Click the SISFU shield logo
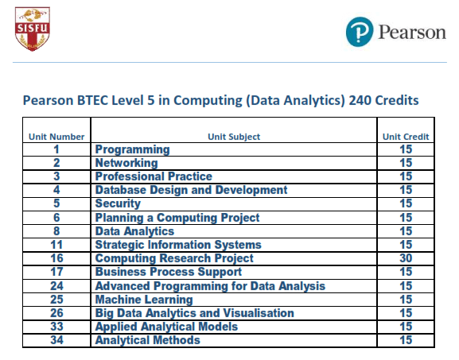pos(33,29)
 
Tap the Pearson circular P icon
pos(360,32)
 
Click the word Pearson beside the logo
pos(412,32)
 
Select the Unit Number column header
pos(56,137)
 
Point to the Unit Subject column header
pos(234,137)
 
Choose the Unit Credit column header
pos(406,137)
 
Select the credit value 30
pos(406,258)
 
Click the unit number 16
pos(56,258)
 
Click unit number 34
pos(56,340)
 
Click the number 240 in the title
pos(360,100)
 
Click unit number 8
pos(56,231)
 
